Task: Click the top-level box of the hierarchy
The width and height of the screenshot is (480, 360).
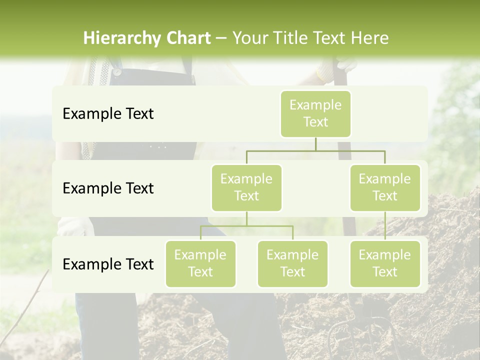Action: click(315, 114)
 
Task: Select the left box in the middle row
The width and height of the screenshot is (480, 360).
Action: click(246, 188)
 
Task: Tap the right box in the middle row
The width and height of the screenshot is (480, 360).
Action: click(385, 188)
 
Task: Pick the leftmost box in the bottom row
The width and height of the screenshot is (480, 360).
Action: click(200, 264)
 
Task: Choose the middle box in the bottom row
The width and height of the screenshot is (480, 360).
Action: click(292, 264)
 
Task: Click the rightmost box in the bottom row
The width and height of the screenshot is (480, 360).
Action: click(385, 264)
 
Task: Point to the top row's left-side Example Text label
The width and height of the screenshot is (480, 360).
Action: click(108, 114)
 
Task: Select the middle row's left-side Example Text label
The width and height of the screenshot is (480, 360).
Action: click(108, 188)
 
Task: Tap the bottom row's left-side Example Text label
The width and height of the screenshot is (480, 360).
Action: click(108, 264)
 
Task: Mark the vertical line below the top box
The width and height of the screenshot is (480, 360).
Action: click(315, 144)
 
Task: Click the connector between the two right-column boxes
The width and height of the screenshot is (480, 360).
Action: click(385, 226)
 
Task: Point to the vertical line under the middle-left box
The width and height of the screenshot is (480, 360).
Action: click(246, 218)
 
